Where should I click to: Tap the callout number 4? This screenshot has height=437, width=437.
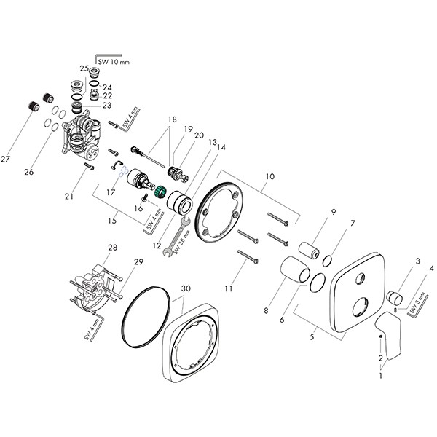point(431,268)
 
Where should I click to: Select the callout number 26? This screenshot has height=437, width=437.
point(49,173)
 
